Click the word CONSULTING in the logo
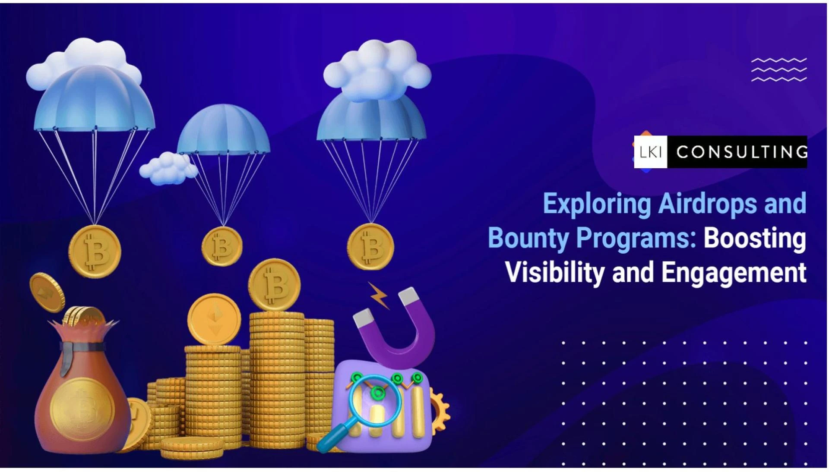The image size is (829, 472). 741,152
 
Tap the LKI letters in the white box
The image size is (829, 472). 650,152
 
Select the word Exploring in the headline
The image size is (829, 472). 597,204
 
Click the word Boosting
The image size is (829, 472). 755,239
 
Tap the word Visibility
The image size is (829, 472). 554,273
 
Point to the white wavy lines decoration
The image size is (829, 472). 778,70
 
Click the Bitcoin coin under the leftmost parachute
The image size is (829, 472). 95,251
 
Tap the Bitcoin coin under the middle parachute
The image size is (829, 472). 222,246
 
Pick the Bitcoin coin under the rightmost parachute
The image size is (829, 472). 370,246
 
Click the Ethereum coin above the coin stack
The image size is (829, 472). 214,319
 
